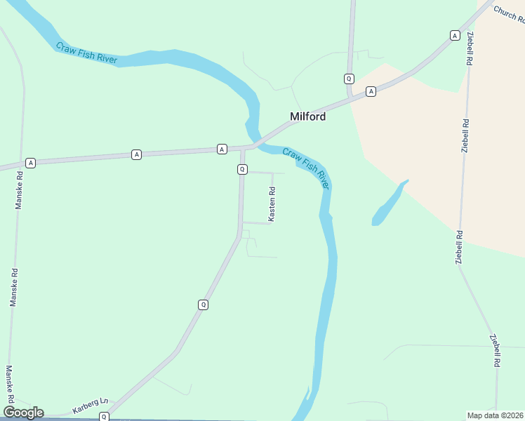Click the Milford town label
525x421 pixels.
click(x=308, y=116)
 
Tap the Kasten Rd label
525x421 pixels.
click(x=272, y=204)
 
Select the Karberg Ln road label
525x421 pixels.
click(x=91, y=406)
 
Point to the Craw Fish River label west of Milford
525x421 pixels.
click(x=87, y=53)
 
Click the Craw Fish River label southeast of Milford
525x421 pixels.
click(x=305, y=168)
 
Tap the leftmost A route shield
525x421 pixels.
click(x=30, y=163)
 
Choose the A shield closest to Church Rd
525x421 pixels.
click(x=455, y=35)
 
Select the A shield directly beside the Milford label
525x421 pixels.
click(x=371, y=91)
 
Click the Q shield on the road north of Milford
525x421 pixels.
click(x=349, y=78)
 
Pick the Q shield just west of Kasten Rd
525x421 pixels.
click(x=242, y=169)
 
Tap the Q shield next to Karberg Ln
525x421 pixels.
click(x=104, y=417)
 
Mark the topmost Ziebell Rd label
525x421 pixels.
click(x=468, y=48)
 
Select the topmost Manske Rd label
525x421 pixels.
click(x=20, y=192)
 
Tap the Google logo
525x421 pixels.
click(x=23, y=413)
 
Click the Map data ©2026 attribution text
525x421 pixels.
click(x=495, y=415)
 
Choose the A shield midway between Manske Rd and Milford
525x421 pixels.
click(x=136, y=154)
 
